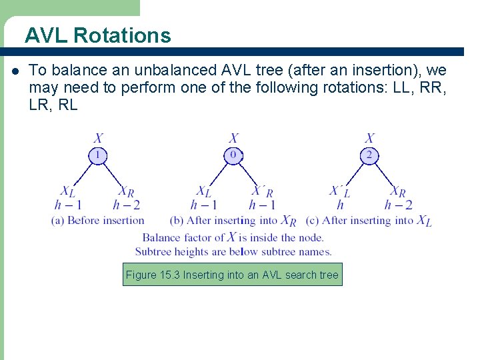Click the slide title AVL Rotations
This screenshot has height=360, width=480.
coord(98,35)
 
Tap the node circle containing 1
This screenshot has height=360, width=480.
coord(97,155)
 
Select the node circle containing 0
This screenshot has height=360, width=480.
coord(233,155)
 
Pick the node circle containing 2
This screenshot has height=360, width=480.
coord(369,155)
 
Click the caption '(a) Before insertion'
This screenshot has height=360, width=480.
coord(98,220)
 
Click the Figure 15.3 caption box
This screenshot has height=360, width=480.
coord(232,275)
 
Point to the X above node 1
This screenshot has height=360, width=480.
coord(98,139)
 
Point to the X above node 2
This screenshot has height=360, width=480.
coord(369,139)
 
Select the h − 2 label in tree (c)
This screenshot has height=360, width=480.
coord(398,205)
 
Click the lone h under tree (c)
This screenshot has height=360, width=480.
coord(340,205)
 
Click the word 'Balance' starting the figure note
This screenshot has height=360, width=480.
coord(161,237)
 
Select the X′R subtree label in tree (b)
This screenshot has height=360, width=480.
coord(262,192)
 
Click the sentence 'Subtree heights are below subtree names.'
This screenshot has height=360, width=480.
coord(233,251)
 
